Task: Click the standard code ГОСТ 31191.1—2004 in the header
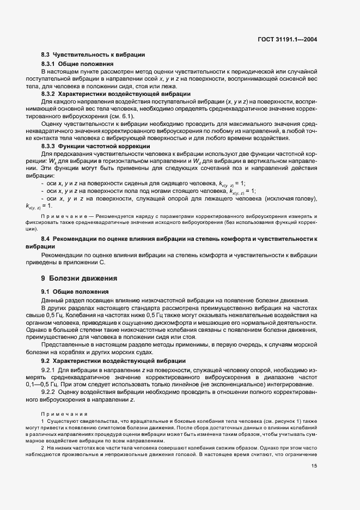click(x=288, y=40)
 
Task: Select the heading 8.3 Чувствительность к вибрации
click(x=93, y=55)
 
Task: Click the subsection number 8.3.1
click(x=50, y=64)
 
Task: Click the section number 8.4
click(x=46, y=239)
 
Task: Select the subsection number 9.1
click(x=46, y=292)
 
